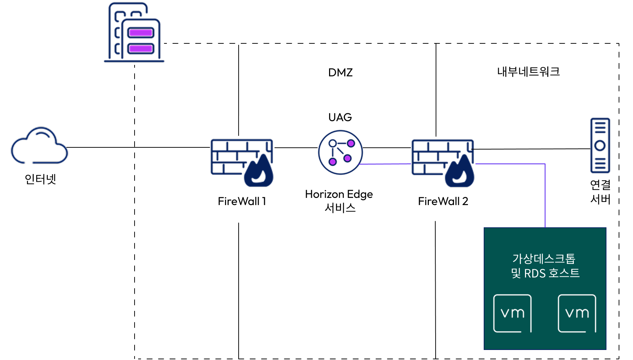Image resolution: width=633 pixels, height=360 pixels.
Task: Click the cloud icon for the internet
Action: [39, 145]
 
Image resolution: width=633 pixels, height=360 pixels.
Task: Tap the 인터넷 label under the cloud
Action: [40, 179]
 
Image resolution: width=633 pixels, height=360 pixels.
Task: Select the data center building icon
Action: [134, 32]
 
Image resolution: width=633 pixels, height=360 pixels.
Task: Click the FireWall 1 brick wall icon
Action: [242, 163]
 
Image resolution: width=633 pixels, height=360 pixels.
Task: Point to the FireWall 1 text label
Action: [242, 201]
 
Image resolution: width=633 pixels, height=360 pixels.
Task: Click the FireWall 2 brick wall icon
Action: [443, 163]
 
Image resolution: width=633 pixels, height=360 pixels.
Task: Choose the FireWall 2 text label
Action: [443, 201]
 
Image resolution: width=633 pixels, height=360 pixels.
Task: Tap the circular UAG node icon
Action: [340, 152]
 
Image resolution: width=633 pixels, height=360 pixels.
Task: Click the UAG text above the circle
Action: [340, 117]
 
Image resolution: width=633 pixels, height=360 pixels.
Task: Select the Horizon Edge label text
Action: [339, 194]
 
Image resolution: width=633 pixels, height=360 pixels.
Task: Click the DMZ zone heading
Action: [341, 72]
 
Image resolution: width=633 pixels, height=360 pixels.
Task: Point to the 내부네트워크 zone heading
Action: [529, 72]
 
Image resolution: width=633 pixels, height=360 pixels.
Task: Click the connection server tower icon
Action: [600, 145]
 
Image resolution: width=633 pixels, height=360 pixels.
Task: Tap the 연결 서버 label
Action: [600, 192]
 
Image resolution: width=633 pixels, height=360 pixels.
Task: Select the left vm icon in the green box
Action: [512, 313]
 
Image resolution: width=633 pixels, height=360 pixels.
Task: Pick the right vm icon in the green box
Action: [577, 313]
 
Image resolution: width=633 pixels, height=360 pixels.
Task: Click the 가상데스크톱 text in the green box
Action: [544, 259]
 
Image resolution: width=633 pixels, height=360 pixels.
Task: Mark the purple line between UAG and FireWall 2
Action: [385, 164]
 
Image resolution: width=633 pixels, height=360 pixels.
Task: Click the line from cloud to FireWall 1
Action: [139, 147]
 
